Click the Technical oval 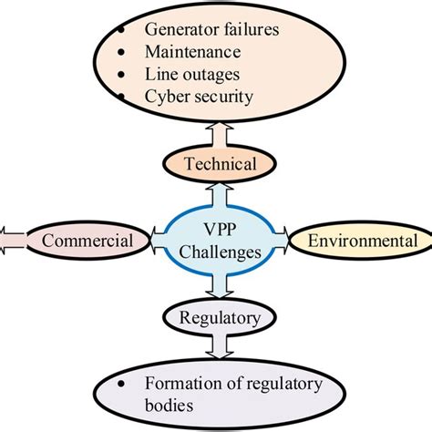(215, 164)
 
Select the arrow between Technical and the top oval (215, 134)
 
